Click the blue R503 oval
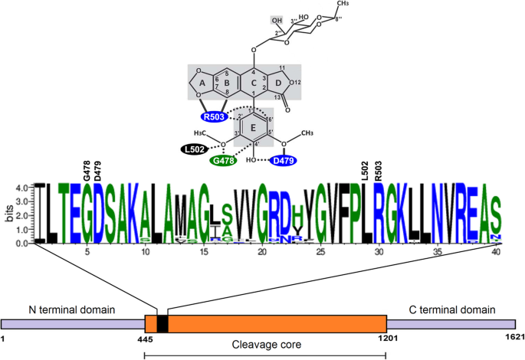pos(216,117)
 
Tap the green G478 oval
pos(225,160)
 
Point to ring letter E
pos(254,127)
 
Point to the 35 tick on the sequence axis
pos(437,251)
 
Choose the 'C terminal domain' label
pos(452,309)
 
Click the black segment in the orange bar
pos(162,323)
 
